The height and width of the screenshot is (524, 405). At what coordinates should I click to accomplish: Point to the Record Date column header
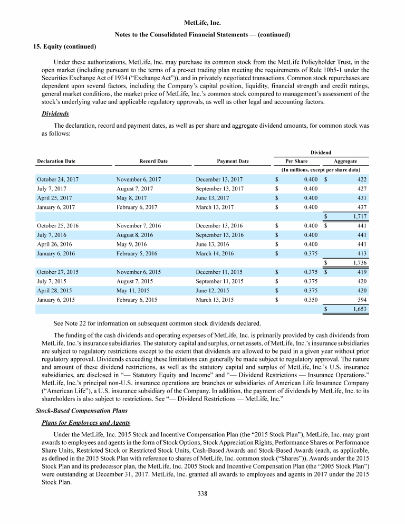(153, 161)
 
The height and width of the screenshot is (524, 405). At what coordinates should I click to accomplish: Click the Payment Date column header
(233, 161)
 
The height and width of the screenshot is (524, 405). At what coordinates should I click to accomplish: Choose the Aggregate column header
(345, 161)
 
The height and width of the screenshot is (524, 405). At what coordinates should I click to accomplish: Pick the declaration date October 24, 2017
(57, 179)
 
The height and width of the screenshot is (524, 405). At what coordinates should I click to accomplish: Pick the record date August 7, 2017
(134, 189)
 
